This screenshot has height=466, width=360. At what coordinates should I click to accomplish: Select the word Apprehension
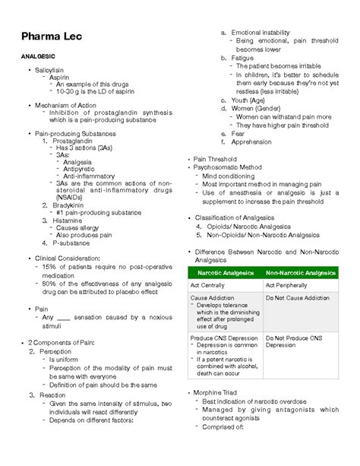[251, 141]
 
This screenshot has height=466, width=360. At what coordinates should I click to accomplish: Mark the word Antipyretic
[82, 169]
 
